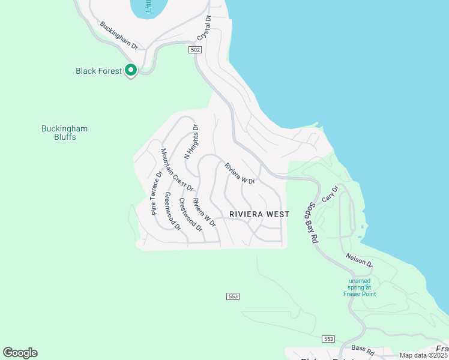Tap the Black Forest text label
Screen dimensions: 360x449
pyautogui.click(x=99, y=71)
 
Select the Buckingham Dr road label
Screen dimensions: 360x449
pyautogui.click(x=119, y=36)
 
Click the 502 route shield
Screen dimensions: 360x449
pyautogui.click(x=194, y=49)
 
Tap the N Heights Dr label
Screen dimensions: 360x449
pyautogui.click(x=191, y=141)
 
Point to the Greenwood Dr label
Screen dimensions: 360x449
pyautogui.click(x=172, y=211)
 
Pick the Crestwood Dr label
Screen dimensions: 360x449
pyautogui.click(x=191, y=215)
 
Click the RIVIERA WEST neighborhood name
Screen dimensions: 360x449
pyautogui.click(x=259, y=214)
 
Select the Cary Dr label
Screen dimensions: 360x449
pyautogui.click(x=330, y=193)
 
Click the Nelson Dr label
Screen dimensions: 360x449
pyautogui.click(x=359, y=260)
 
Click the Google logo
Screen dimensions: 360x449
pyautogui.click(x=20, y=353)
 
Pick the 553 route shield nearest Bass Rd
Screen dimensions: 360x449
pyautogui.click(x=328, y=339)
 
